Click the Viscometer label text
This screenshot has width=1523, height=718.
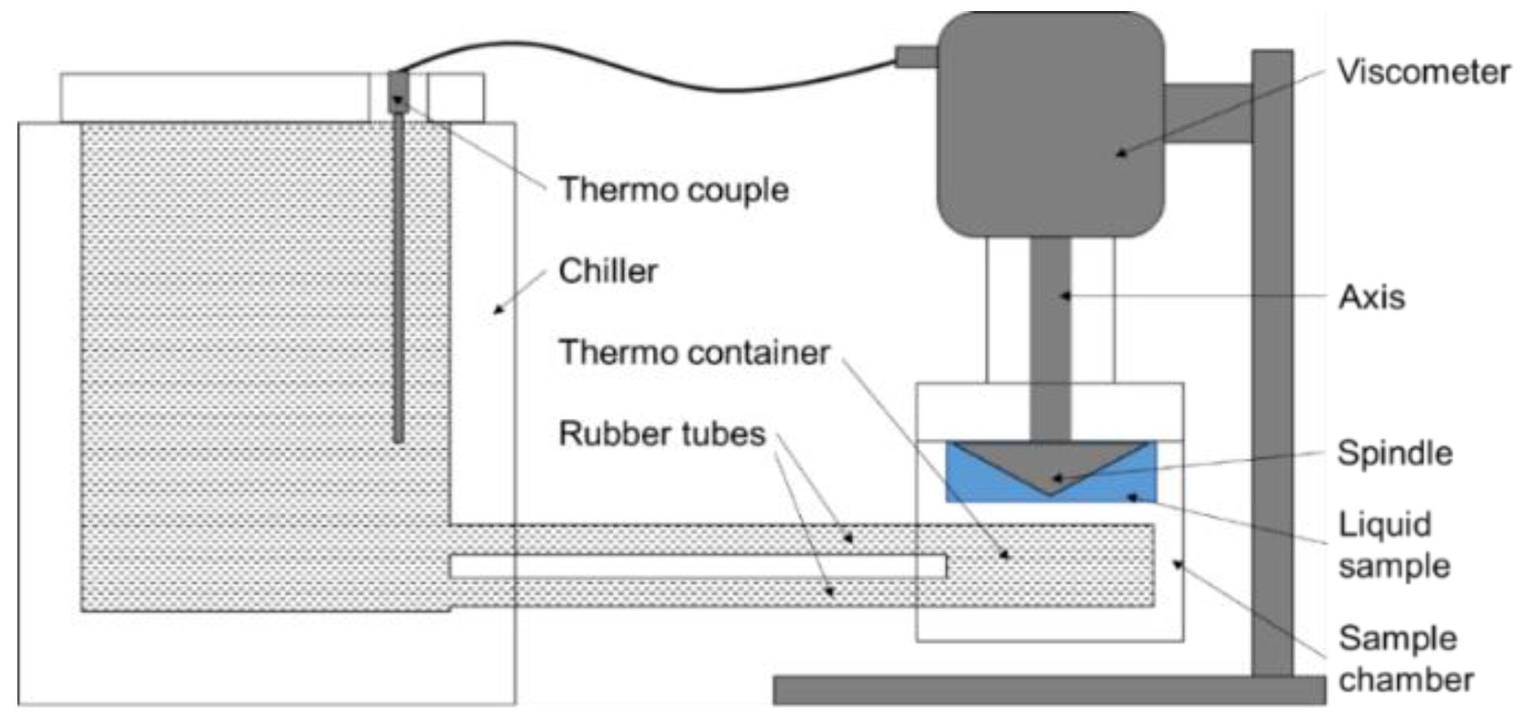pyautogui.click(x=1423, y=72)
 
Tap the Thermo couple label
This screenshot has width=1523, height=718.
pyautogui.click(x=673, y=190)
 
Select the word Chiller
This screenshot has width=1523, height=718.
pyautogui.click(x=608, y=272)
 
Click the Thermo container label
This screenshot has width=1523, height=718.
pyautogui.click(x=693, y=353)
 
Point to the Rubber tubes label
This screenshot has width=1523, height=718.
pyautogui.click(x=661, y=434)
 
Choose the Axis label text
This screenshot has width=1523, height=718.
pyautogui.click(x=1371, y=298)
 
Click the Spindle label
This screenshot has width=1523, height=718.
pyautogui.click(x=1394, y=453)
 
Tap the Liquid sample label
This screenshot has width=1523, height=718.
pyautogui.click(x=1393, y=545)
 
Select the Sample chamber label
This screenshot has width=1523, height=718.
pyautogui.click(x=1405, y=658)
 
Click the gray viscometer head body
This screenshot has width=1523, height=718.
pyautogui.click(x=1050, y=126)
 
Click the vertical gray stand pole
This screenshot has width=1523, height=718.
pyautogui.click(x=1272, y=394)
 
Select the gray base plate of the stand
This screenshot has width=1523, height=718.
pyautogui.click(x=1047, y=690)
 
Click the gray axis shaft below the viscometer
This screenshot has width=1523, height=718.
pyautogui.click(x=1050, y=331)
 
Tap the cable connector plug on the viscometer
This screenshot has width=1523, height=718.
pyautogui.click(x=915, y=57)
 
